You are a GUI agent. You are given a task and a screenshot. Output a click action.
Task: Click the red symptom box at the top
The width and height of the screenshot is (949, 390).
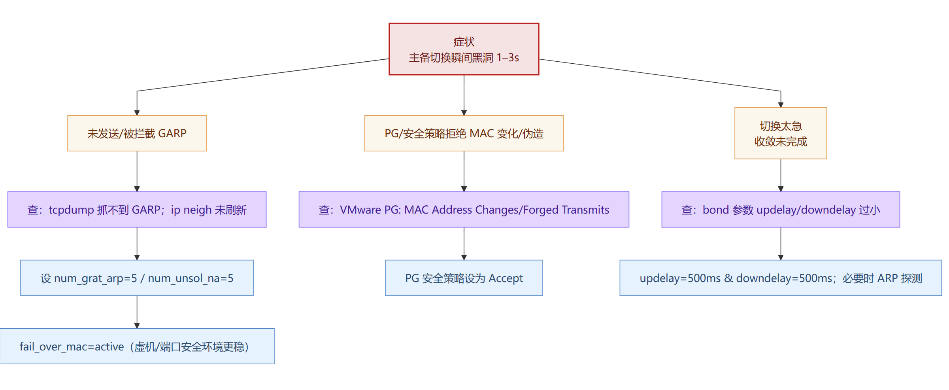tap(464, 49)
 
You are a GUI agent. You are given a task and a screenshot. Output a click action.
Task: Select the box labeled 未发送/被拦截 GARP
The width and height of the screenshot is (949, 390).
tap(137, 133)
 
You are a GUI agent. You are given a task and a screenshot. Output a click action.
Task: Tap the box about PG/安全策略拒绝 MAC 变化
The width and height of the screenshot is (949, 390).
tap(464, 133)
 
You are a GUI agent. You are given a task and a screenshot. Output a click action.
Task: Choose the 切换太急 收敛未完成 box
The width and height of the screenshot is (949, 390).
tap(781, 133)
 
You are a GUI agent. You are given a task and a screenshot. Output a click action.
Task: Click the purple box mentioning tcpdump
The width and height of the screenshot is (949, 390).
tap(137, 210)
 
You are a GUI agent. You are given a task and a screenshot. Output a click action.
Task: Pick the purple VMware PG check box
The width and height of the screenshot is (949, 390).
tap(464, 210)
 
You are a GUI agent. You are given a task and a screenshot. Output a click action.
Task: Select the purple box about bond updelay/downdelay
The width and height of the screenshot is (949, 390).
tap(781, 210)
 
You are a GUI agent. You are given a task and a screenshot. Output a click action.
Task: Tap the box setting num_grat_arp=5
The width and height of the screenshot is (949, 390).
tap(137, 278)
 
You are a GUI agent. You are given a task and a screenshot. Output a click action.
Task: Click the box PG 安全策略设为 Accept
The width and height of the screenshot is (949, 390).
tap(464, 278)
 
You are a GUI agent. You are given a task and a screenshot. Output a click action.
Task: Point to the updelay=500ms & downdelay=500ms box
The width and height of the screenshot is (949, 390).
tap(781, 278)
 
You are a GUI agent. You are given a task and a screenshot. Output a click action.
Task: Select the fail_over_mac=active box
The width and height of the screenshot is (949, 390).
tap(137, 346)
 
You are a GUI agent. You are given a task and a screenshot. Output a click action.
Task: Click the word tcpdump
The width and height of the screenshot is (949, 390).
tap(71, 210)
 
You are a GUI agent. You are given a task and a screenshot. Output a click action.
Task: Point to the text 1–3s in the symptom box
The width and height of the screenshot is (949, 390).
tap(508, 58)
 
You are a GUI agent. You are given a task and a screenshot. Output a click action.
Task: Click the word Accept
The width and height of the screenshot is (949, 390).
tap(506, 278)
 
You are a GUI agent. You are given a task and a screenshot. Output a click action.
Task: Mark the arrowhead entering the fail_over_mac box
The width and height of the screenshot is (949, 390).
tap(137, 326)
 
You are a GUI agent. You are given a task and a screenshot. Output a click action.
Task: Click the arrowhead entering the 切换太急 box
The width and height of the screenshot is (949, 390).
tap(781, 105)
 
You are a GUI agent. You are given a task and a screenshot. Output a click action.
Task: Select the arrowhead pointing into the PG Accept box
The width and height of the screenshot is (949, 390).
tap(464, 257)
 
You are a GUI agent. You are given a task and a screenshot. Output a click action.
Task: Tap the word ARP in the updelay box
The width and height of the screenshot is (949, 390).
tap(887, 278)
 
